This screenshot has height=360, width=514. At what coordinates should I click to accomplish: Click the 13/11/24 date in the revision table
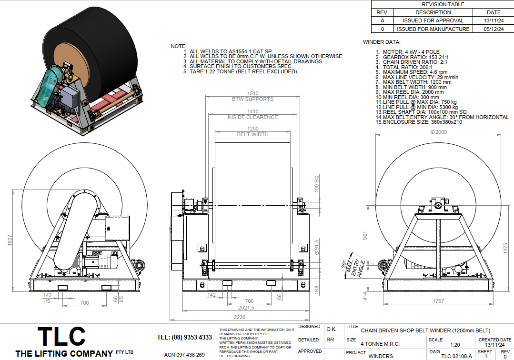pyautogui.click(x=494, y=20)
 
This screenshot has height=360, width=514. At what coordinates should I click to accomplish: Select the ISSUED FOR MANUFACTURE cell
pyautogui.click(x=433, y=29)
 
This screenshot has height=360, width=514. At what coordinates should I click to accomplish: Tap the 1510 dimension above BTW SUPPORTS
pyautogui.click(x=253, y=94)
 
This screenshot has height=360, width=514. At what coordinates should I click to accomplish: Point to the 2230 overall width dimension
pyautogui.click(x=240, y=317)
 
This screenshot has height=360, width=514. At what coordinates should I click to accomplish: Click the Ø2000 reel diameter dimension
pyautogui.click(x=439, y=132)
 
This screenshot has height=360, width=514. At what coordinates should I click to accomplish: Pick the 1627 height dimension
pyautogui.click(x=10, y=240)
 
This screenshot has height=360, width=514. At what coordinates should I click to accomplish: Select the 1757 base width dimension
pyautogui.click(x=438, y=301)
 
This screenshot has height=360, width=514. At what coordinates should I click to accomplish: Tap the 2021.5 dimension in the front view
pyautogui.click(x=246, y=308)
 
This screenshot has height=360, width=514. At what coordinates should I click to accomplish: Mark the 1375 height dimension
pyautogui.click(x=505, y=248)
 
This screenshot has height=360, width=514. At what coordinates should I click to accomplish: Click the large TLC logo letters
pyautogui.click(x=61, y=336)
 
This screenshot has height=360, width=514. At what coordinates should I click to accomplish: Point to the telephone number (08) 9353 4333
pyautogui.click(x=192, y=338)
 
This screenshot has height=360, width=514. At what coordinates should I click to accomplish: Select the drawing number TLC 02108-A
pyautogui.click(x=457, y=356)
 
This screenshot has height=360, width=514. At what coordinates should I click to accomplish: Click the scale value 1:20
pyautogui.click(x=455, y=345)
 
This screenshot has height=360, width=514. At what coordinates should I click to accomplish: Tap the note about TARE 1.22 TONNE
pyautogui.click(x=243, y=71)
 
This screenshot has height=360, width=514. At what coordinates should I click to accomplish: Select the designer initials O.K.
pyautogui.click(x=332, y=329)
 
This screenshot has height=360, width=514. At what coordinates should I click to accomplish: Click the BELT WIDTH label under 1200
pyautogui.click(x=253, y=134)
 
